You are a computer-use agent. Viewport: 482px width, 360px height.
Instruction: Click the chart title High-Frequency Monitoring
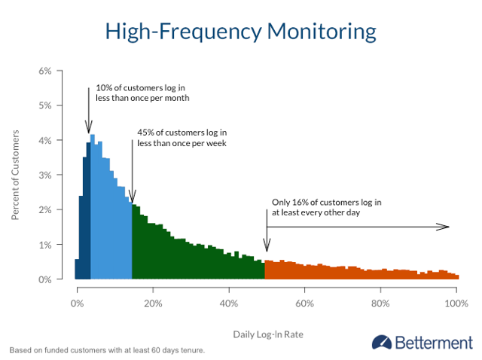pyautogui.click(x=240, y=32)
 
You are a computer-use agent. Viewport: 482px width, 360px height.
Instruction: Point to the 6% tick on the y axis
pyautogui.click(x=45, y=72)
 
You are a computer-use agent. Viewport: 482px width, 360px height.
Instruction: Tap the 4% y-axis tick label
pyautogui.click(x=45, y=141)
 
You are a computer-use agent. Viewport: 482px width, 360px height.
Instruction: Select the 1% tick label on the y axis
pyautogui.click(x=45, y=245)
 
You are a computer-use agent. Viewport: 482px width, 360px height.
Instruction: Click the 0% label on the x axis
pyautogui.click(x=77, y=304)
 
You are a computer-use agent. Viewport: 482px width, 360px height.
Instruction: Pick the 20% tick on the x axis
pyautogui.click(x=153, y=304)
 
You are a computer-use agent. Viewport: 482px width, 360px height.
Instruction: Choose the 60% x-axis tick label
pyautogui.click(x=304, y=304)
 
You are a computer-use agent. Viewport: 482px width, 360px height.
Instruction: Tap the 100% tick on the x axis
pyautogui.click(x=455, y=304)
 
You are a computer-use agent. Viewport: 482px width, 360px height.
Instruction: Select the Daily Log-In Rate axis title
pyautogui.click(x=267, y=333)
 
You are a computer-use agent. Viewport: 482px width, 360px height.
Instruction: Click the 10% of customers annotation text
pyautogui.click(x=142, y=93)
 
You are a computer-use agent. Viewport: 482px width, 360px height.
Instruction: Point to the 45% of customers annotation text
pyautogui.click(x=182, y=138)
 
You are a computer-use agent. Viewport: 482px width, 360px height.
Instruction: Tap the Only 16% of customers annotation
pyautogui.click(x=327, y=207)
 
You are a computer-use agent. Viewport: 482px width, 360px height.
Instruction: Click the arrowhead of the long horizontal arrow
pyautogui.click(x=446, y=227)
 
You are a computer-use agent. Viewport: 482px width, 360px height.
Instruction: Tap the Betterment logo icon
pyautogui.click(x=381, y=343)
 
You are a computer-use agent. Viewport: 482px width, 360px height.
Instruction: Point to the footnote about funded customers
pyautogui.click(x=107, y=350)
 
